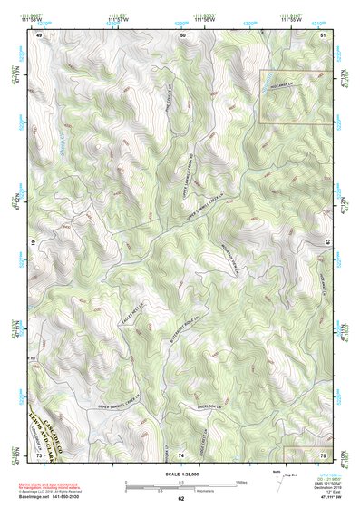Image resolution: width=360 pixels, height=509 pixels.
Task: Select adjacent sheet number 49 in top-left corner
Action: [40, 34]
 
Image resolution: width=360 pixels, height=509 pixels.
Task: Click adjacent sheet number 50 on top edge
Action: [183, 34]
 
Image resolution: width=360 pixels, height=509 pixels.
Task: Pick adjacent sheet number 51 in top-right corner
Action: [324, 34]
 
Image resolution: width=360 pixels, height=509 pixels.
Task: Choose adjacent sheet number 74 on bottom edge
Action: [180, 454]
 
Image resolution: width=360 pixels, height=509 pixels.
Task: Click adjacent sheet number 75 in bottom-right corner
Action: [324, 454]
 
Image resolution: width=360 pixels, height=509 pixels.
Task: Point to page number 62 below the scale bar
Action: [180, 498]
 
